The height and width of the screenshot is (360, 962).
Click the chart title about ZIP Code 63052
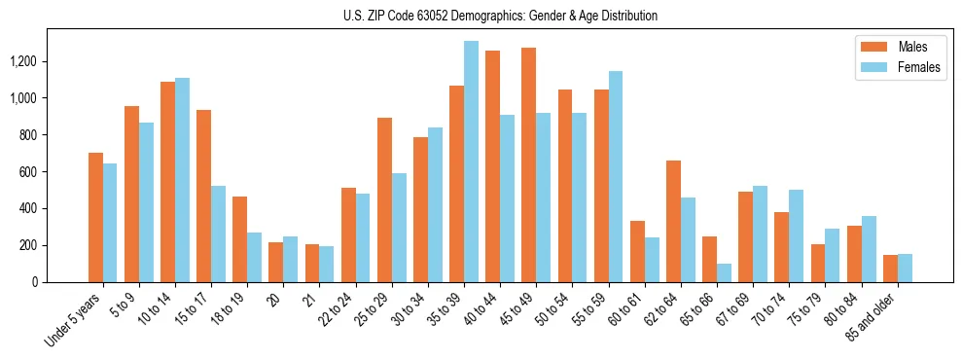(500, 16)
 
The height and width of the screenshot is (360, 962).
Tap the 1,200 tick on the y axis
(23, 61)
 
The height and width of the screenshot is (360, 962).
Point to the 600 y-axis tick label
(28, 172)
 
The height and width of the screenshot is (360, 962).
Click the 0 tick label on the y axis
(36, 282)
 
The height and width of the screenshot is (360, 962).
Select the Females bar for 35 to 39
(471, 162)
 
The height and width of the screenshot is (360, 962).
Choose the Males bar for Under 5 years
(95, 218)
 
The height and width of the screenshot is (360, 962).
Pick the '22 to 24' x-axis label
(340, 309)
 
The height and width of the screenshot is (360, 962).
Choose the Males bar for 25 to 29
(384, 200)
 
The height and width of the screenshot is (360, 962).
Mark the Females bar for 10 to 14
(182, 180)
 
